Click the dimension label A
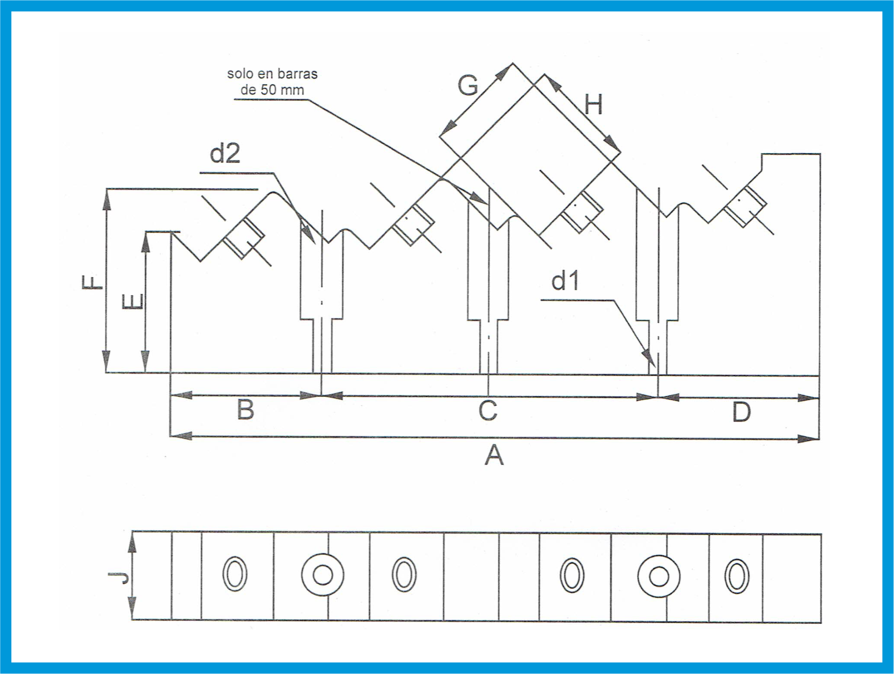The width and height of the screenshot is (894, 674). (x=494, y=456)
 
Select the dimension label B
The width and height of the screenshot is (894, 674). (x=245, y=410)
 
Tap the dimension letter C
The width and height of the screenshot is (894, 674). (x=488, y=410)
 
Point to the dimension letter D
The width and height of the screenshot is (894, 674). (x=741, y=412)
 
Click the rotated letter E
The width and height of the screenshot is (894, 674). (x=133, y=302)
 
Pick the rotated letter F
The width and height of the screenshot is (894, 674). (x=92, y=282)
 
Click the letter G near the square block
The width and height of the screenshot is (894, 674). (x=468, y=86)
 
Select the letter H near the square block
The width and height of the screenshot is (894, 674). (x=594, y=105)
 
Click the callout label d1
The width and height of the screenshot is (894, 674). (x=565, y=281)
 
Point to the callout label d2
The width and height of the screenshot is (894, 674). (x=225, y=154)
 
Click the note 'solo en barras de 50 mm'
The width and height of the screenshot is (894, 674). (x=272, y=82)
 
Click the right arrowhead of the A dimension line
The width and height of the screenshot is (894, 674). (x=808, y=439)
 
